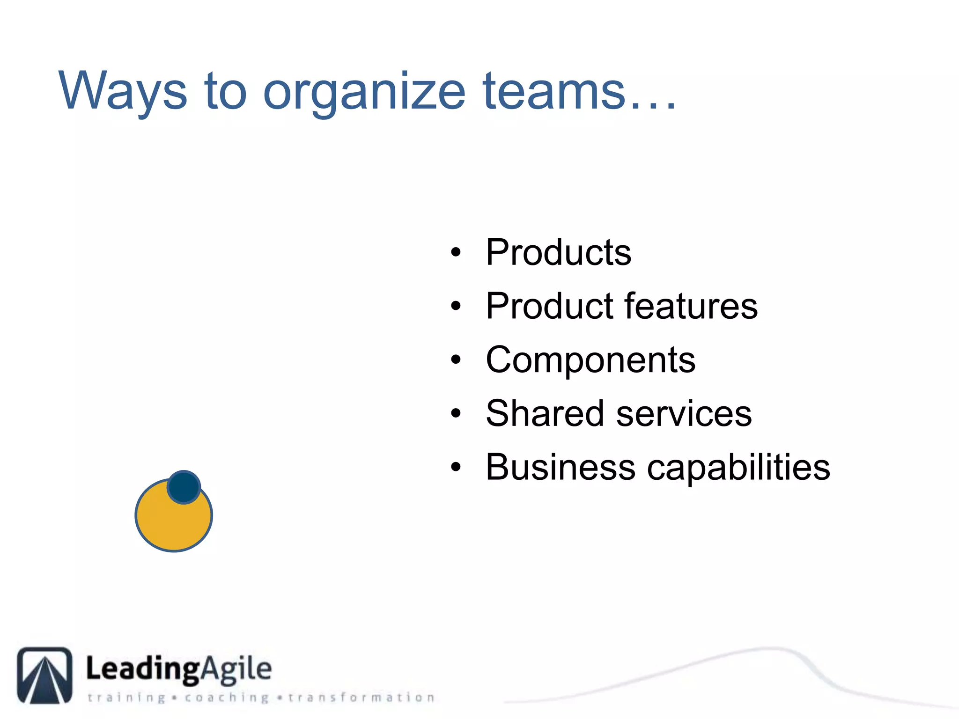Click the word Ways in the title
pyautogui.click(x=123, y=91)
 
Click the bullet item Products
pyautogui.click(x=559, y=252)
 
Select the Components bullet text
pyautogui.click(x=590, y=360)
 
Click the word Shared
pyautogui.click(x=545, y=413)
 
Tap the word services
pyautogui.click(x=684, y=414)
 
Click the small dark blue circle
pyautogui.click(x=184, y=487)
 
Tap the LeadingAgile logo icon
pyautogui.click(x=45, y=675)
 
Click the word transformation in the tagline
pyautogui.click(x=361, y=697)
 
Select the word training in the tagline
pyautogui.click(x=126, y=697)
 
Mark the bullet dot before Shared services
pyautogui.click(x=456, y=414)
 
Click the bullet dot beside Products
pyautogui.click(x=456, y=253)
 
